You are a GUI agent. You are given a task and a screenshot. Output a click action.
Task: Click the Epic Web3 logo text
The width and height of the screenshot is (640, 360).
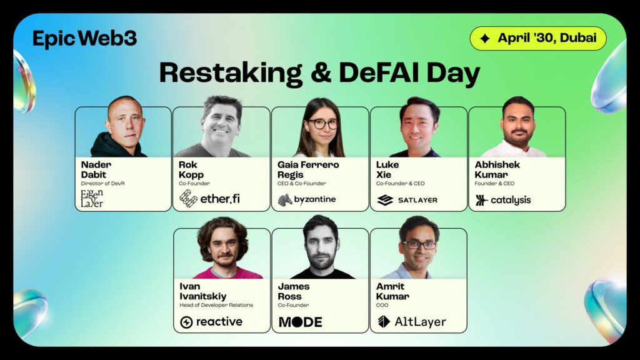84,39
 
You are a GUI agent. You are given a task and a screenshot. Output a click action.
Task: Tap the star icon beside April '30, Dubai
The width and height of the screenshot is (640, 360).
485,38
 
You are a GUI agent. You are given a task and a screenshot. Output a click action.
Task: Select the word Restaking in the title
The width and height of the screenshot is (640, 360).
231,74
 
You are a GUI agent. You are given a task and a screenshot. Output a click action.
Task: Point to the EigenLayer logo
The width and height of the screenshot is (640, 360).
92,198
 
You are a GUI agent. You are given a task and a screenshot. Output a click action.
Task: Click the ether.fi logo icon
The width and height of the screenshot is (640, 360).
188,198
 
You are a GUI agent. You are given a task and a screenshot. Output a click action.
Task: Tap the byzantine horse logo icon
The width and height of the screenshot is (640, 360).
285,199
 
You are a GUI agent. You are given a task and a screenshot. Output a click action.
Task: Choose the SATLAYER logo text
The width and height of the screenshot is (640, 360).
417,200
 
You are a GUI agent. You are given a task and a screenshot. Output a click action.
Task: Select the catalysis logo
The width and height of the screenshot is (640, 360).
503,200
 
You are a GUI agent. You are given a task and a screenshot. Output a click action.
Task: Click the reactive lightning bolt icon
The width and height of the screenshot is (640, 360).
186,322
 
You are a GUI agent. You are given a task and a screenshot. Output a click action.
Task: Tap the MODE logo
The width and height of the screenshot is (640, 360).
301,322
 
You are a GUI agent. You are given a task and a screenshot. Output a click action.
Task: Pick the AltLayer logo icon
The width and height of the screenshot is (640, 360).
384,322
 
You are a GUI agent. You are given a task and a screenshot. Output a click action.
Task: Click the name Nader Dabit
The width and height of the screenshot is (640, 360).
96,170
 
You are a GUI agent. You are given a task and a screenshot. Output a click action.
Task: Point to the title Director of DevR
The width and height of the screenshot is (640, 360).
103,184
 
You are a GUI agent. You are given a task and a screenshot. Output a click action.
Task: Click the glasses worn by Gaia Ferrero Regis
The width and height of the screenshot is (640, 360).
323,123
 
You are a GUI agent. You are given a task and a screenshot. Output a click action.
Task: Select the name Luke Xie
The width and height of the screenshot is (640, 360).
387,170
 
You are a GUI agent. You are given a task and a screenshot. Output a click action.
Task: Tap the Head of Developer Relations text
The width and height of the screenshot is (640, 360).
216,305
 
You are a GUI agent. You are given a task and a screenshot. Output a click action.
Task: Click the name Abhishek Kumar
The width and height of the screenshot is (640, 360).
497,170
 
